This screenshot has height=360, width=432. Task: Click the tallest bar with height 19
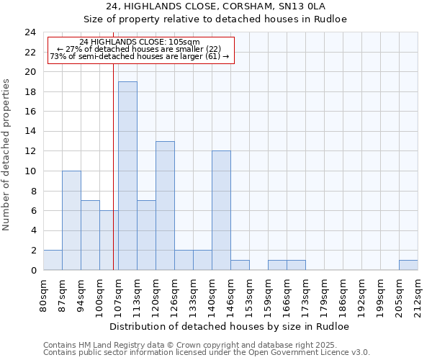127,176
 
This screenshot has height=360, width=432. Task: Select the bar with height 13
165,205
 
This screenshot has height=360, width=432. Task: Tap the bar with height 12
221,210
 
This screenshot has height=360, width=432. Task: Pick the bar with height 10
71,220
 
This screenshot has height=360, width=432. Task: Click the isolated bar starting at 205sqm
408,265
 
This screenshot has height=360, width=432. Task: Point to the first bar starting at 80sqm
53,260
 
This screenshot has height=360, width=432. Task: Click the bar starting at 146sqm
240,265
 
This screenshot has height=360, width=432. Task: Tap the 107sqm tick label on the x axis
118,293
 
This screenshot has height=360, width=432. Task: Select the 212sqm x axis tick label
418,293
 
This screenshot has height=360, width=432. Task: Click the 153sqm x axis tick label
249,293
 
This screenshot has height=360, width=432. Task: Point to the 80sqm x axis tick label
43,293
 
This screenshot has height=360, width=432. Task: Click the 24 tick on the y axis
30,32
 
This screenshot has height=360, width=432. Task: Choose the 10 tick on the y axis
30,171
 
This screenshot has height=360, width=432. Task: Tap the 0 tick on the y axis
33,270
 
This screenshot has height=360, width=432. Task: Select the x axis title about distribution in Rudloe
230,326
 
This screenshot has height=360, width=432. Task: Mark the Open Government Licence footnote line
207,352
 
